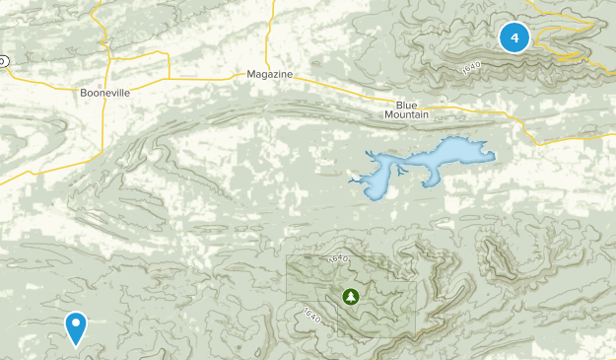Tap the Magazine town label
pos(269,75)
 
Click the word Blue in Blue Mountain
pos(407,105)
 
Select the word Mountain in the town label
pos(407,115)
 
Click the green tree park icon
pos(350,295)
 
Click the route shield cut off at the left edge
pos(3,61)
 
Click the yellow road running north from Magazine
pos(268,30)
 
